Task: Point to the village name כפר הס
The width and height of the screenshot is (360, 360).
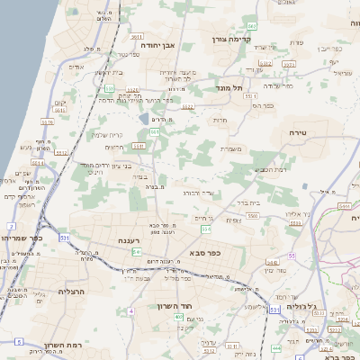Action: (263, 105)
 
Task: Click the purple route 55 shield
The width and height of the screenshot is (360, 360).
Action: (292, 256)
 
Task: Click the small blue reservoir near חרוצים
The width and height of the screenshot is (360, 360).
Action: (144, 118)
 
